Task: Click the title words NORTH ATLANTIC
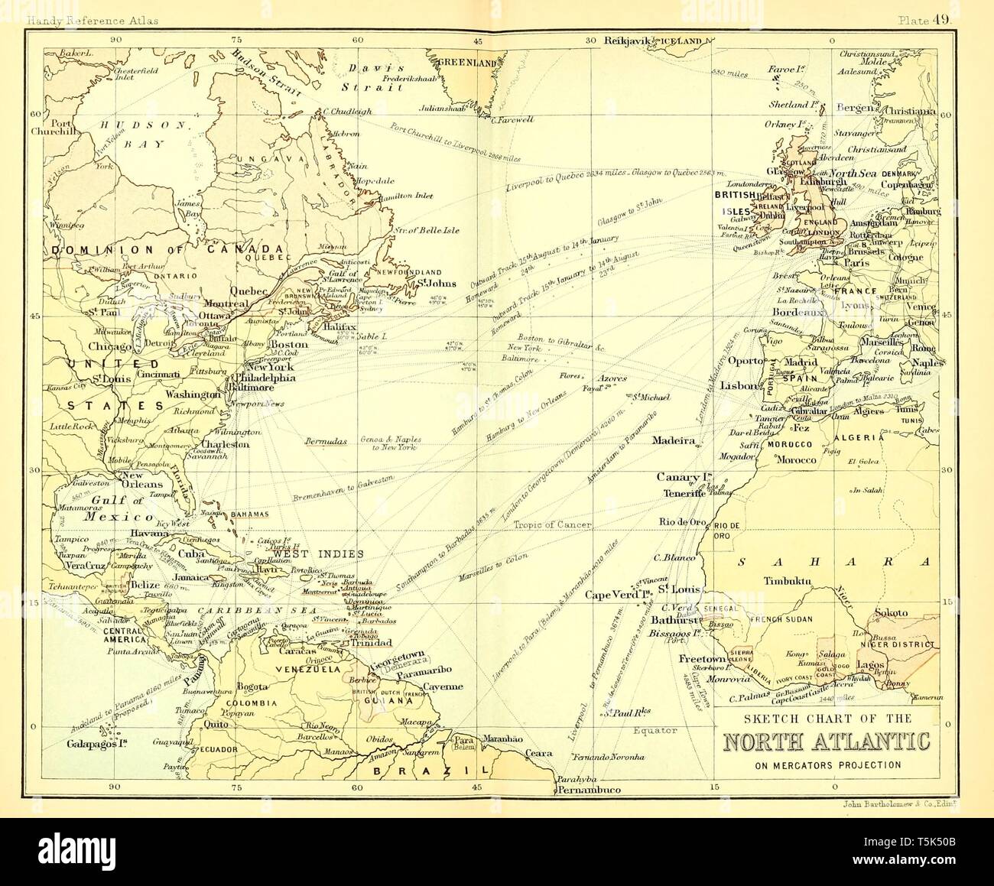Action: [x=827, y=742]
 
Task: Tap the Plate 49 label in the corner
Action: [x=924, y=21]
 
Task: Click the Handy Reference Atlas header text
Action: [x=92, y=21]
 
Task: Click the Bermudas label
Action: [x=326, y=441]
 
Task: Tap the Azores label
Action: [x=612, y=378]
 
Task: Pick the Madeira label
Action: [x=673, y=441]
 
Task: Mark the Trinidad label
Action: [x=371, y=643]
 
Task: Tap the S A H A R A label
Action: [x=833, y=562]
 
